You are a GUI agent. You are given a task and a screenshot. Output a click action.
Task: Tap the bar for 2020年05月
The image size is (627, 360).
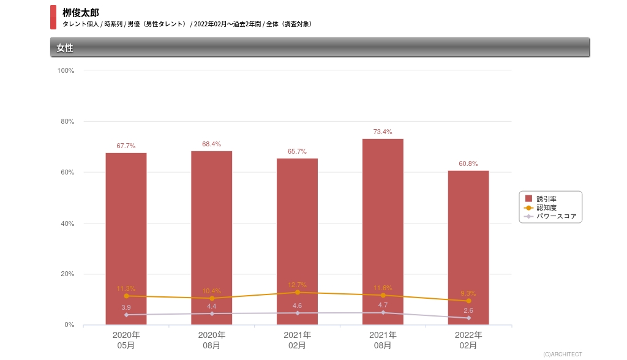point(126,238)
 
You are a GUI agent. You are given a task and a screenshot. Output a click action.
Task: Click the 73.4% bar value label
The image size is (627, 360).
point(383,132)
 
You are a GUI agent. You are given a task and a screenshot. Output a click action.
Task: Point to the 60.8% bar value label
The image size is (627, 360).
point(468,163)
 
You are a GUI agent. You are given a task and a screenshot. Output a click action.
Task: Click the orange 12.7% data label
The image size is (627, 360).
point(297,285)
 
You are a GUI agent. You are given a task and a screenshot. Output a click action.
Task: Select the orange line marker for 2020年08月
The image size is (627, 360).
point(212,298)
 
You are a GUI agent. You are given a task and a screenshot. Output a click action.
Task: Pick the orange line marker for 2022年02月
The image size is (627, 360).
point(468,301)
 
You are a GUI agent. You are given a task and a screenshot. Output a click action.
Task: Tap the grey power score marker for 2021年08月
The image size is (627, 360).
point(383,312)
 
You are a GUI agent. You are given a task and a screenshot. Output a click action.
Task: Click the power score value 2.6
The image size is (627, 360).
point(468,310)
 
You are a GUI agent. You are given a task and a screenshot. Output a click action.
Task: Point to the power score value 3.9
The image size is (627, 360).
point(126,307)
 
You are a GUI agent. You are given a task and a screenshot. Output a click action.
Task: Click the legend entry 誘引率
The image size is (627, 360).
point(546,199)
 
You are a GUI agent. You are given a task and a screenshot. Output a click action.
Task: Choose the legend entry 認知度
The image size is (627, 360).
point(546,208)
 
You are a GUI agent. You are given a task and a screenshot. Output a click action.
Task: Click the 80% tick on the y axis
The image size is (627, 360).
point(67,121)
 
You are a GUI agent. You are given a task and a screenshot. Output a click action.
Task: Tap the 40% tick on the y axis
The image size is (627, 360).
point(67,223)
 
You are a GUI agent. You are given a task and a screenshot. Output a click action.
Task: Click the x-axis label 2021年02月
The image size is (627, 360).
point(297,340)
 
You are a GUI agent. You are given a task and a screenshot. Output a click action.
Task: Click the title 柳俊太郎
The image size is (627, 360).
point(80,12)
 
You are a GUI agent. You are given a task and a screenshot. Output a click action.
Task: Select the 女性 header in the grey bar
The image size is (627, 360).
point(65,48)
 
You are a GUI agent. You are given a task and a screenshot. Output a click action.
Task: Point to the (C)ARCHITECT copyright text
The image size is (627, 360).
point(563,354)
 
